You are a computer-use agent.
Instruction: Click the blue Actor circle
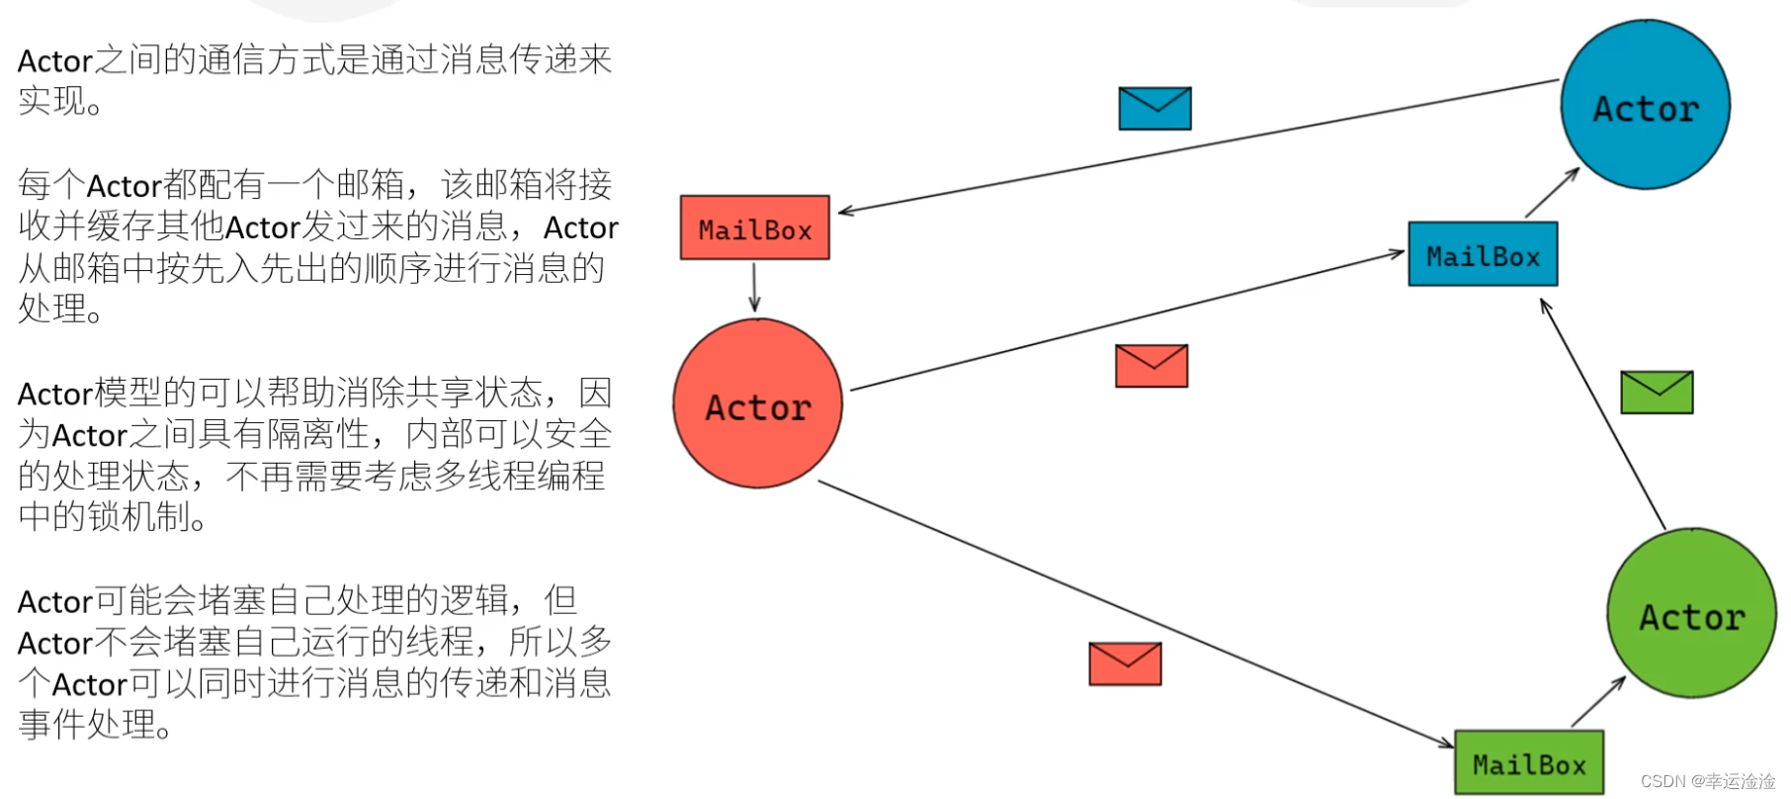click(x=1645, y=105)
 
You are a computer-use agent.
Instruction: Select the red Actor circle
click(x=757, y=403)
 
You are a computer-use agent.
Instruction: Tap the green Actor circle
click(x=1691, y=613)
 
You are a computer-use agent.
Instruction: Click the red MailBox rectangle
click(x=754, y=228)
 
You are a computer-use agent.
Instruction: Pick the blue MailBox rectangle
click(x=1483, y=255)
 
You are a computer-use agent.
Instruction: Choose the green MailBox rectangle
click(x=1529, y=762)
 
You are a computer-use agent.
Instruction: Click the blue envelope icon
click(x=1154, y=108)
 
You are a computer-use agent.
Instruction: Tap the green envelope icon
click(x=1657, y=393)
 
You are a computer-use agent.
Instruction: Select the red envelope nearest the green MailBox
click(x=1125, y=664)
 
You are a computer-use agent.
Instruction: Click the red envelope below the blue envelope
click(x=1151, y=366)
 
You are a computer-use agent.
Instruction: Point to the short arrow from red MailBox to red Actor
click(x=754, y=287)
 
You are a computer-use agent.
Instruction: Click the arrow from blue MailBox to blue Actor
click(x=1552, y=193)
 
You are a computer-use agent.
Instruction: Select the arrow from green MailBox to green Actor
click(x=1598, y=702)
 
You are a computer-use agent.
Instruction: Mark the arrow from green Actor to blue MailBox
click(x=1603, y=415)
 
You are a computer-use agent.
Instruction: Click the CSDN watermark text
click(x=1707, y=781)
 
